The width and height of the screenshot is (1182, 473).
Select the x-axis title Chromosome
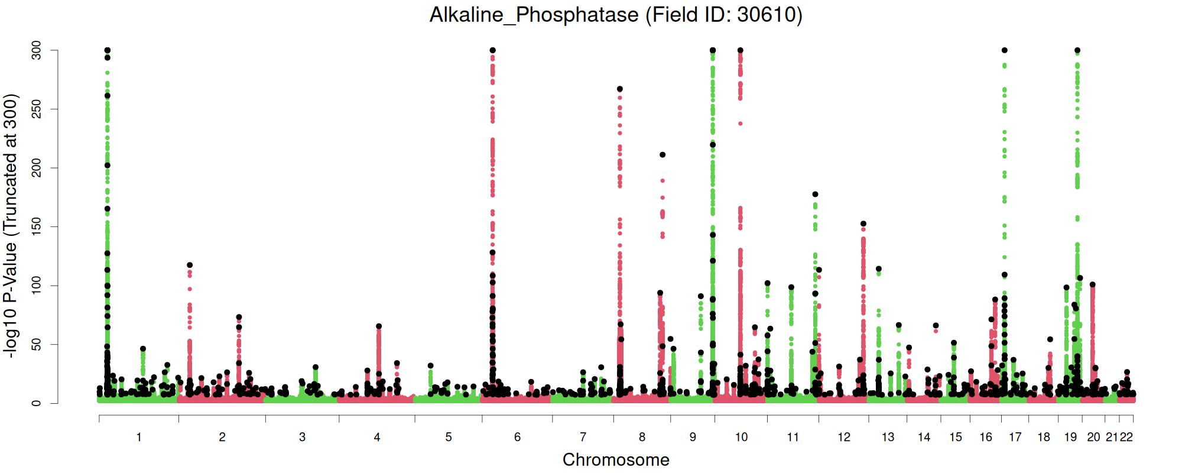616,460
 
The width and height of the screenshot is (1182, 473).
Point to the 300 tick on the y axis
37,50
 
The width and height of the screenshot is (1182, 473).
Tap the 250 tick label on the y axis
37,109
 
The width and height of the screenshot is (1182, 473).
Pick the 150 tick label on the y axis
37,226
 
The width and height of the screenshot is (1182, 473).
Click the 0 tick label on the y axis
37,403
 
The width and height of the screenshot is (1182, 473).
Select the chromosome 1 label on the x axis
139,438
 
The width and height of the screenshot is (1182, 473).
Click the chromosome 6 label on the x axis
517,438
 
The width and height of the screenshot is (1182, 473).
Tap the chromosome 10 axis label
741,438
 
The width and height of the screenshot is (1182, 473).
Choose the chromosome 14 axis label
924,438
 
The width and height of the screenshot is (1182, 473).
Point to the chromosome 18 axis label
1044,438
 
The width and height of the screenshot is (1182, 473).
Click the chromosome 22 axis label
1126,438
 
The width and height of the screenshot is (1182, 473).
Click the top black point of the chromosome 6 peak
492,50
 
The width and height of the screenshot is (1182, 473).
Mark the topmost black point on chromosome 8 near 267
620,89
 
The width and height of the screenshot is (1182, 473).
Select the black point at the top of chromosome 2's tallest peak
190,265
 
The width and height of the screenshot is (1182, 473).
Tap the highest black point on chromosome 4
379,326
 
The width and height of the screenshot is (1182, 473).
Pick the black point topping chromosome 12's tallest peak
863,224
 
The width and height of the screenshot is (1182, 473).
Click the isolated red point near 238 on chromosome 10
741,124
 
